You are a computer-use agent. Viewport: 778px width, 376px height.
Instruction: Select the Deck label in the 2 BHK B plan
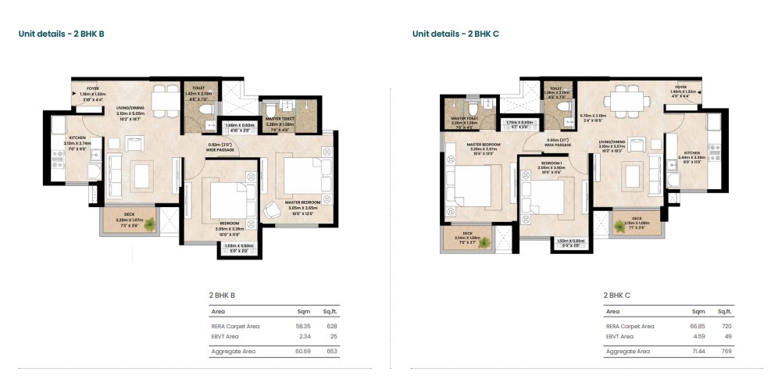pyautogui.click(x=126, y=218)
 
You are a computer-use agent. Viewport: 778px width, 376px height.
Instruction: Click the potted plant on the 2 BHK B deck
pyautogui.click(x=148, y=225)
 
